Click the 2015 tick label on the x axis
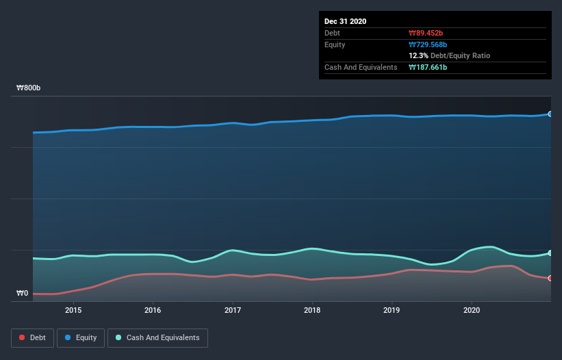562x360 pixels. tap(73, 310)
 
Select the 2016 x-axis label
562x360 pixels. tap(153, 310)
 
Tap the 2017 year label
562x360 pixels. tap(233, 310)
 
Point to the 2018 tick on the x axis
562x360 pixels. tap(312, 310)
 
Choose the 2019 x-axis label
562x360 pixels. tap(392, 310)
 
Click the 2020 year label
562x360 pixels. tap(471, 310)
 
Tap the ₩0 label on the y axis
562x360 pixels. tap(23, 294)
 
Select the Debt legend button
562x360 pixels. tap(32, 337)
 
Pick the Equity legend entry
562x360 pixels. tap(81, 337)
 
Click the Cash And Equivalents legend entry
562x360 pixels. tap(157, 337)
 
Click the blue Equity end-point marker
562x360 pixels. tap(550, 114)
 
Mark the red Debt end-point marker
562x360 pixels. tap(550, 279)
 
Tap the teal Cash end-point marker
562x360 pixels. tap(550, 253)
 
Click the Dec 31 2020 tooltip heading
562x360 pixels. tap(345, 21)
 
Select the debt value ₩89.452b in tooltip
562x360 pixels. tap(427, 33)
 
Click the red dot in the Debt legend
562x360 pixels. tap(23, 337)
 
